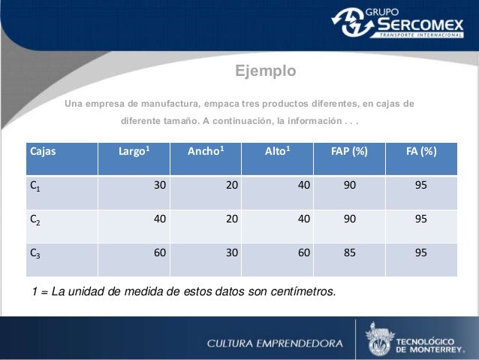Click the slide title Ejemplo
click(266, 71)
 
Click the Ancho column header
click(208, 150)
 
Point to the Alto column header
click(278, 150)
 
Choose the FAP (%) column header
click(349, 150)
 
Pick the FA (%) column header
click(421, 150)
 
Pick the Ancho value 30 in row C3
click(233, 253)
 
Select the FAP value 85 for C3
click(349, 253)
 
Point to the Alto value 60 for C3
click(303, 253)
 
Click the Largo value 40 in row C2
click(160, 219)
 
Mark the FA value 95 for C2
click(420, 219)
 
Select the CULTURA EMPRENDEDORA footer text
click(275, 343)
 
